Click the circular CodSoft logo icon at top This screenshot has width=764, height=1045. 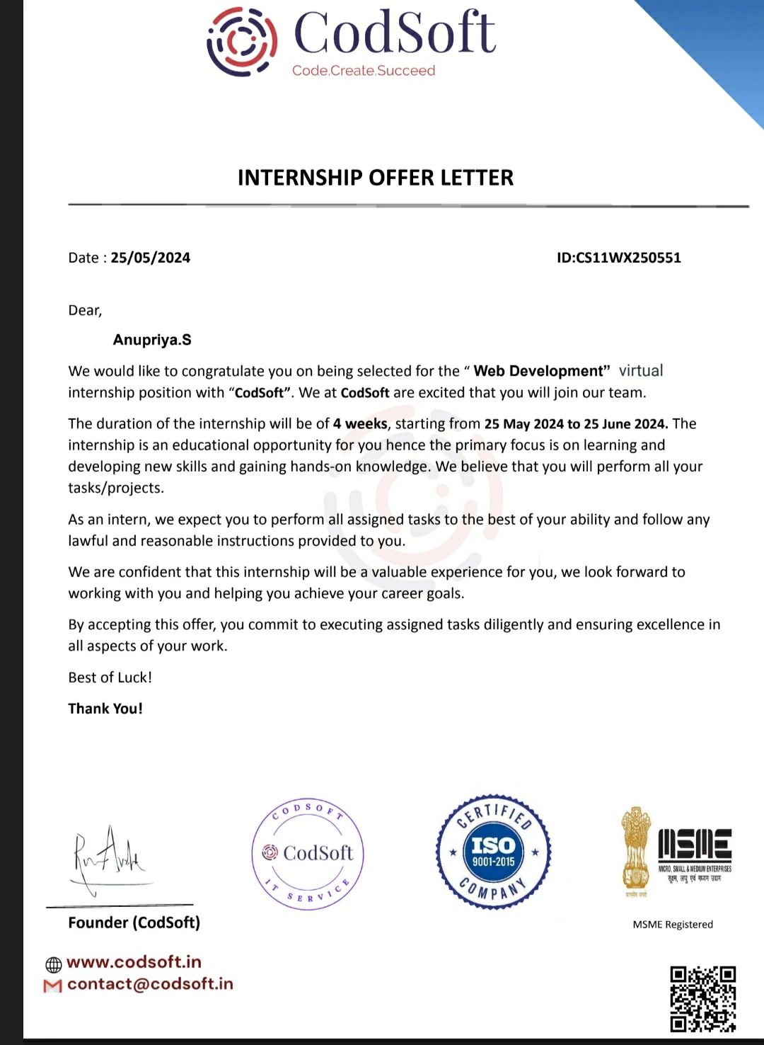pyautogui.click(x=241, y=41)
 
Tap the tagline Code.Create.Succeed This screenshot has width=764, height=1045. pyautogui.click(x=364, y=71)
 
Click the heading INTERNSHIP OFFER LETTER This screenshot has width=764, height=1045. pyautogui.click(x=376, y=178)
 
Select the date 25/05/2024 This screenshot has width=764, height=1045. pyautogui.click(x=151, y=258)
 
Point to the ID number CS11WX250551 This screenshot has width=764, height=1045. pyautogui.click(x=628, y=258)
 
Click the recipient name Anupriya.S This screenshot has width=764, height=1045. pyautogui.click(x=152, y=340)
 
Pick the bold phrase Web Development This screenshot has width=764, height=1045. pyautogui.click(x=541, y=371)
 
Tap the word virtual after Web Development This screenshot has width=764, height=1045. pyautogui.click(x=641, y=371)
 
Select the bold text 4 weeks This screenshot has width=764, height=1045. pyautogui.click(x=360, y=423)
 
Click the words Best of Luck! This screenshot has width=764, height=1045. pyautogui.click(x=110, y=678)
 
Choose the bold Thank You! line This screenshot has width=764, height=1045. pyautogui.click(x=105, y=709)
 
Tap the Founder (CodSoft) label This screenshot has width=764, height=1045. pyautogui.click(x=134, y=923)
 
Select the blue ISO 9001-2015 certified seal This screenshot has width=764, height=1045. pyautogui.click(x=493, y=852)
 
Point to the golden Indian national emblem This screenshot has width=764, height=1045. pyautogui.click(x=635, y=850)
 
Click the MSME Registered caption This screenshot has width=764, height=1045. pyautogui.click(x=673, y=925)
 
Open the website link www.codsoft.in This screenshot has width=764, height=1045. pyautogui.click(x=134, y=962)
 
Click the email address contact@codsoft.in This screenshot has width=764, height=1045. pyautogui.click(x=150, y=984)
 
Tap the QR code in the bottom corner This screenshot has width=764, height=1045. pyautogui.click(x=702, y=998)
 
